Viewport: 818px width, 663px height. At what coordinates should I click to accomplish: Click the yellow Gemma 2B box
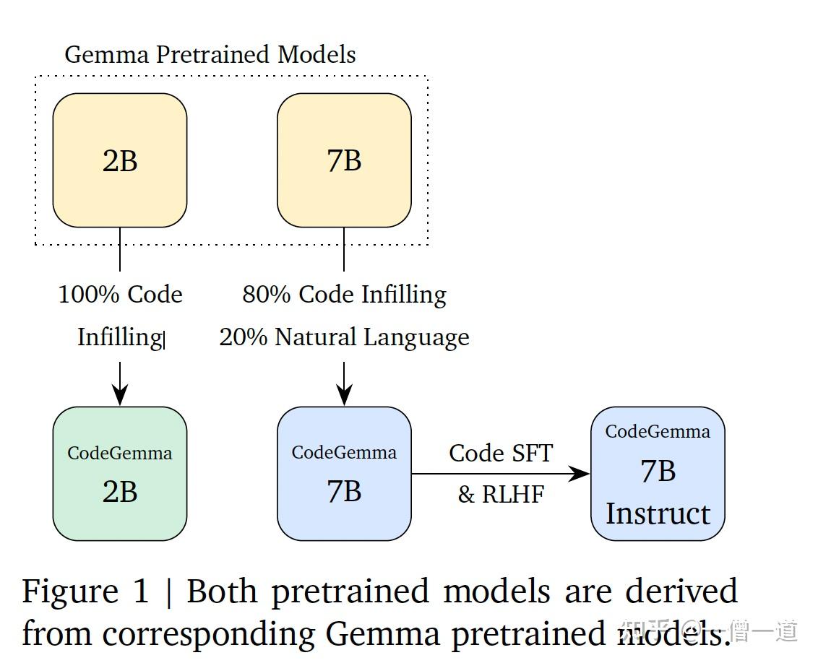(x=120, y=160)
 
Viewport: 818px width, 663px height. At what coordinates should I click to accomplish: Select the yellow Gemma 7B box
(x=344, y=160)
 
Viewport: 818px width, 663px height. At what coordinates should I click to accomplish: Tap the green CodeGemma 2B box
(x=120, y=474)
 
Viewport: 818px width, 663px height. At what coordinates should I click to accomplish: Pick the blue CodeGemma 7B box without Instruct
(x=344, y=474)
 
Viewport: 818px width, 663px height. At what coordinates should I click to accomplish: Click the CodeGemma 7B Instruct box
(x=658, y=474)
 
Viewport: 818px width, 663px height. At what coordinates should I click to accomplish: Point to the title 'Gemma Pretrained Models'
(x=210, y=55)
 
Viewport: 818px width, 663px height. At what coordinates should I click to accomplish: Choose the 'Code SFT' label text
(x=501, y=454)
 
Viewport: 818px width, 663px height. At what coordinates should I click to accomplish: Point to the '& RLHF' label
(x=501, y=495)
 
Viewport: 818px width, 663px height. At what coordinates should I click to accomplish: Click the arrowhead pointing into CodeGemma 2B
(x=120, y=394)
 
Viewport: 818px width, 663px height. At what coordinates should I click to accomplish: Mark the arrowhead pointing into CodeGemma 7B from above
(x=344, y=394)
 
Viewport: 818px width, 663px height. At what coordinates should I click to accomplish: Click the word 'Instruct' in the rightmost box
(x=658, y=514)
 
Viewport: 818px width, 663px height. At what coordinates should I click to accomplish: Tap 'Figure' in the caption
(x=69, y=592)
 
